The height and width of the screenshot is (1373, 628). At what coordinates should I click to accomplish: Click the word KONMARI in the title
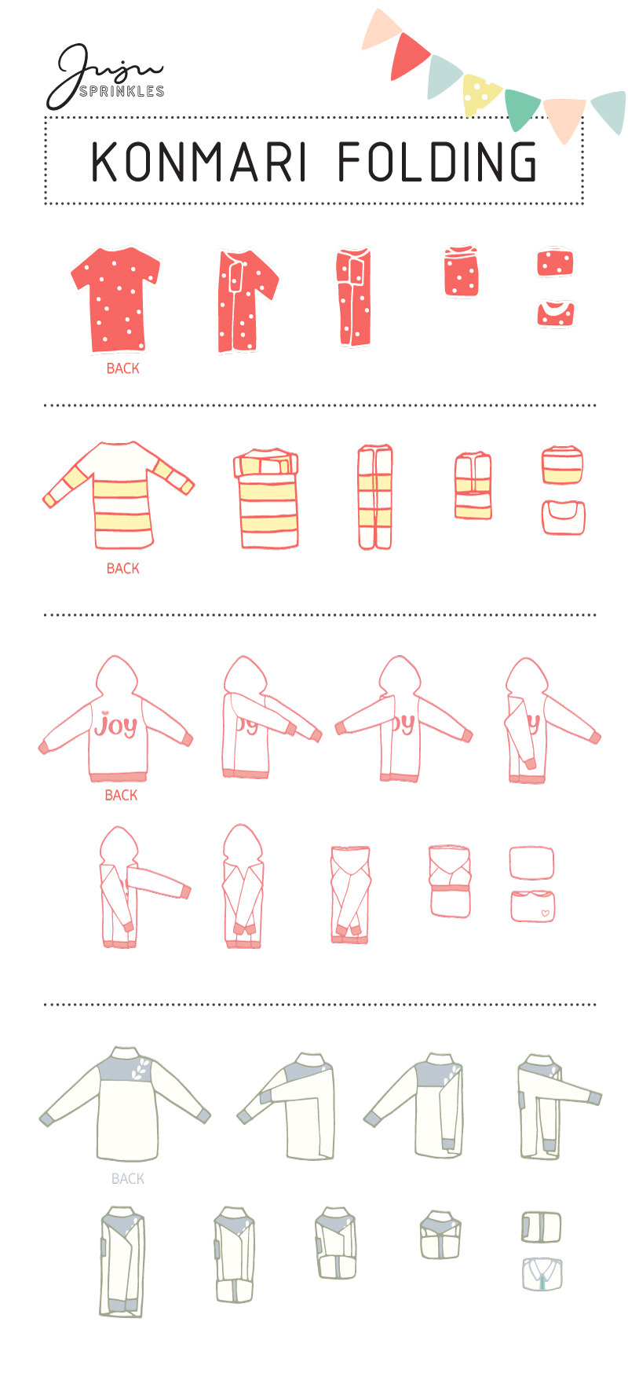199,162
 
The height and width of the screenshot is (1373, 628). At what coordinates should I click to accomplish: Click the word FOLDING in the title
438,162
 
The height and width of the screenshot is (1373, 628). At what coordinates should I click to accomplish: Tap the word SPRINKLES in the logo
122,91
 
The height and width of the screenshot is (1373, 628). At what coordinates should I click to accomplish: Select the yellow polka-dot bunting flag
480,93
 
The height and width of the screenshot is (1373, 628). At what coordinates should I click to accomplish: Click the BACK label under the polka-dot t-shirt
123,368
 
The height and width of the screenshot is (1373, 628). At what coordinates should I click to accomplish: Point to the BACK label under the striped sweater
123,568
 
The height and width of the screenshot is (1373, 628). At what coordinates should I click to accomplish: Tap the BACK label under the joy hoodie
122,795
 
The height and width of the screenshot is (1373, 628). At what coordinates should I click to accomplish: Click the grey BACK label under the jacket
128,1178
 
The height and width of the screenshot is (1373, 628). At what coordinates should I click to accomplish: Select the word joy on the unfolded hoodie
115,725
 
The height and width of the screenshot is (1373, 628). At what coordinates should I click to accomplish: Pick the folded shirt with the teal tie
542,1274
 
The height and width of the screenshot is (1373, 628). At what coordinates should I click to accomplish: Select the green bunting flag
522,109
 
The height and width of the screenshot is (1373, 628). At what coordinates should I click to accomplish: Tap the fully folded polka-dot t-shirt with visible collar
556,313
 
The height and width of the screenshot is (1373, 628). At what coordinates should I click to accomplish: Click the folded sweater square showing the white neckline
563,517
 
